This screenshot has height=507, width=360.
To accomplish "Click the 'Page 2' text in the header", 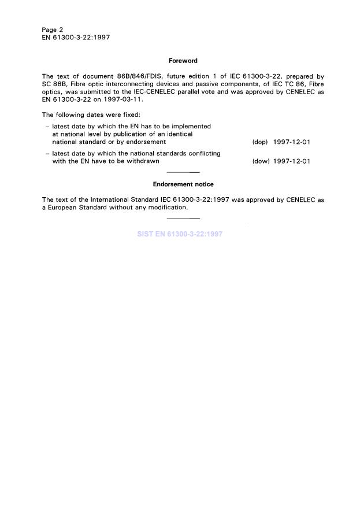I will tap(53, 29).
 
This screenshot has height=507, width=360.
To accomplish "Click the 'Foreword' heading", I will tap(183, 61).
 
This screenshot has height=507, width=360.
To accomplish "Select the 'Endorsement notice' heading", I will tap(183, 184).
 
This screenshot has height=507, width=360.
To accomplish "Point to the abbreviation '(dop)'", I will tap(260, 142).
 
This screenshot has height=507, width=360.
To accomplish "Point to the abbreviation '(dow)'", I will tap(261, 161).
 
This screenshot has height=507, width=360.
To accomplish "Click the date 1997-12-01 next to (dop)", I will tap(291, 142).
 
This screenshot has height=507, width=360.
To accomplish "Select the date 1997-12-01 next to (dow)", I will tap(291, 161).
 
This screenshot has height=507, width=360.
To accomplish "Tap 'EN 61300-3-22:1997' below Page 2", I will tap(76, 37).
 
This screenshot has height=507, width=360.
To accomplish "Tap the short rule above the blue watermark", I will tap(183, 219).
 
